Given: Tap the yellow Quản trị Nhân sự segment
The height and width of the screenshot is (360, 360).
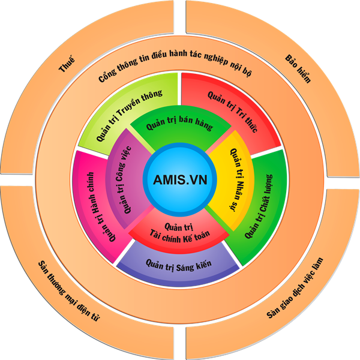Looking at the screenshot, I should tap(230, 180).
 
